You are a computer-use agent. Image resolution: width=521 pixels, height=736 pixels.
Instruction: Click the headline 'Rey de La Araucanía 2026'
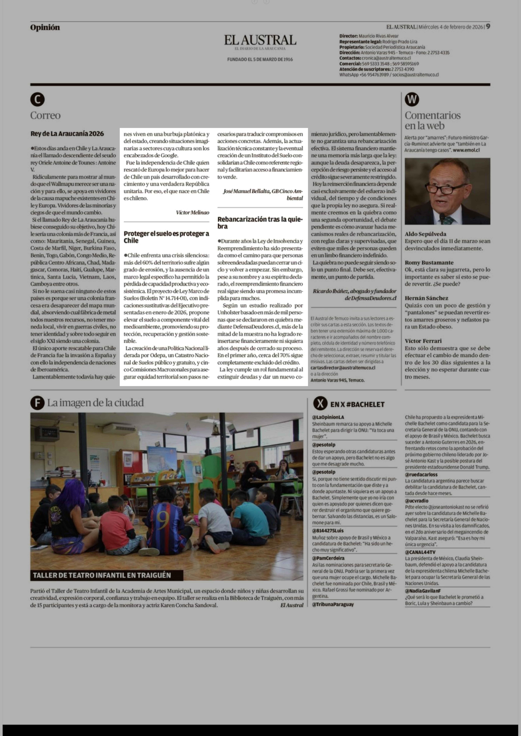67,134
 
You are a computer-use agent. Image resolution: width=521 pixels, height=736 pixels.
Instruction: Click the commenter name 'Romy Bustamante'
429,263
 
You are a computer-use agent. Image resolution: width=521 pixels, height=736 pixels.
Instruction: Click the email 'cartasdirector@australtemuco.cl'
343,368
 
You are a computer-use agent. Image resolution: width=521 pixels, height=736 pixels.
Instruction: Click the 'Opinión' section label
45,28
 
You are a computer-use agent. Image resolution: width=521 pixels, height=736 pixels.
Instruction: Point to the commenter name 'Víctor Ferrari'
423,341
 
